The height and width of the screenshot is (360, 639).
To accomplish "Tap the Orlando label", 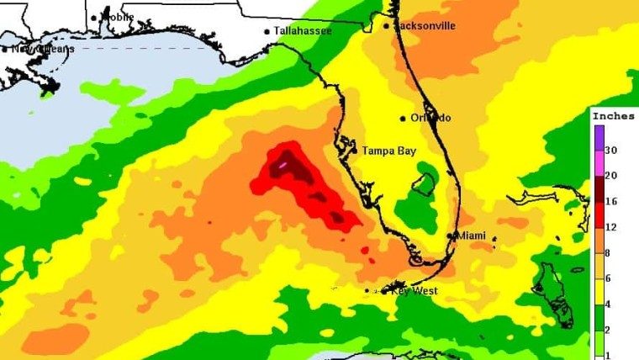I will point(430,118).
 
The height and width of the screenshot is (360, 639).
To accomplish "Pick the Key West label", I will point(415,291).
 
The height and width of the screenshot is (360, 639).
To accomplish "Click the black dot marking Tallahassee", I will point(267,32).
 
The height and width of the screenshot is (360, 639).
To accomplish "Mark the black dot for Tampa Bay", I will point(354,151).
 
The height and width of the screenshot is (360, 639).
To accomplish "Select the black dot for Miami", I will point(453,236).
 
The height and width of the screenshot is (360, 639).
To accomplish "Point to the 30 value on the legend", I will point(611,150).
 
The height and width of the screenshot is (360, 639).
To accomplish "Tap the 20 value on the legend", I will point(611,174).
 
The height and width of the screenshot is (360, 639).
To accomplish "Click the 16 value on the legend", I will point(611,202).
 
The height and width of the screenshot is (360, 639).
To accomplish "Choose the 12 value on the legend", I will point(611,228).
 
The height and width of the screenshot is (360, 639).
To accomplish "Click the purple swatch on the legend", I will point(599,137).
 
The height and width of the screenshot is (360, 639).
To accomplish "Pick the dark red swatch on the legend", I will point(599,188).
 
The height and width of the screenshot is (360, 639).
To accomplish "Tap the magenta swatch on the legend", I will point(599,162).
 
